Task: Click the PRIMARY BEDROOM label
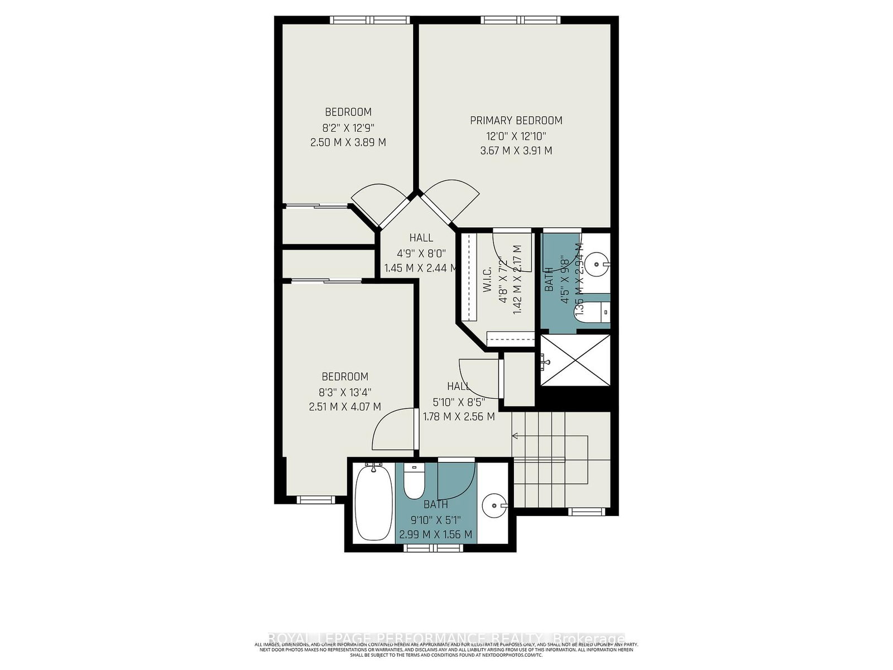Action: click(516, 120)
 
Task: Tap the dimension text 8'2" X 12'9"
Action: click(348, 127)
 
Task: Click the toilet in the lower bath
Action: click(414, 483)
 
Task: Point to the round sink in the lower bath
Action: click(493, 506)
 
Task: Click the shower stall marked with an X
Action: click(575, 360)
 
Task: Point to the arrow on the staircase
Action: click(515, 436)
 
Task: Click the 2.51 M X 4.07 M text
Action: click(345, 407)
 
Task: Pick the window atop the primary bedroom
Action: click(521, 20)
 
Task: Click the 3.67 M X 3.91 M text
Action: click(516, 151)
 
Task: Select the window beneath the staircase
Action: click(586, 511)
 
